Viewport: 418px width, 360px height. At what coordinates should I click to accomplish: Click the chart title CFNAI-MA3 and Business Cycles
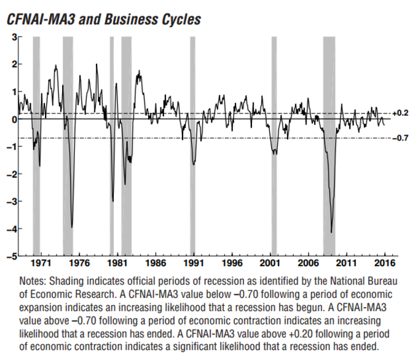[103, 19]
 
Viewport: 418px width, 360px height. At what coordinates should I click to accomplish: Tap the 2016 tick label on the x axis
[384, 263]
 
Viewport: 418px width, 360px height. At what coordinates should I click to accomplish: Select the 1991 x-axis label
[194, 263]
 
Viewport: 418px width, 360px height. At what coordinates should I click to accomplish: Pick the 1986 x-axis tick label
[156, 263]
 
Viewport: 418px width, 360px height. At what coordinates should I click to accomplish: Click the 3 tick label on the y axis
[14, 37]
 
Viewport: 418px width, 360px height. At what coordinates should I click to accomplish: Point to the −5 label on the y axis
[12, 256]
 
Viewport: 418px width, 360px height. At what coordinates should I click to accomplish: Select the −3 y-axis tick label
[12, 201]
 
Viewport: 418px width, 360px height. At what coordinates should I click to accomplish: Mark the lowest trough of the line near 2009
[331, 232]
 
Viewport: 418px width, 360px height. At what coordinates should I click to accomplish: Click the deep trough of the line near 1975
[72, 227]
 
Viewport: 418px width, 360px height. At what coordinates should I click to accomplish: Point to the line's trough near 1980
[112, 200]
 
